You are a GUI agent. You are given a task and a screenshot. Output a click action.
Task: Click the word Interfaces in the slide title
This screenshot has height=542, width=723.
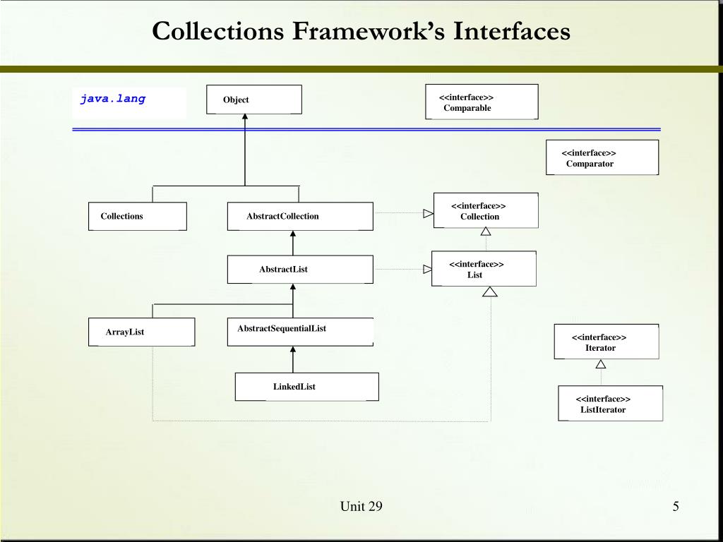[511, 31]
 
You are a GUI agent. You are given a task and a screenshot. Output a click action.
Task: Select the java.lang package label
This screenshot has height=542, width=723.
[113, 99]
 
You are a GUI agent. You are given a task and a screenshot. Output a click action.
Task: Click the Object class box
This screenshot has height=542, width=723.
[254, 100]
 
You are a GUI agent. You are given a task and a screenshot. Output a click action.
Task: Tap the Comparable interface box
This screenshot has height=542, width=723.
[482, 102]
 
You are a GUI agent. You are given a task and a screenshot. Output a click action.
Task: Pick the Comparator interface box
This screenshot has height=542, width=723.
[602, 157]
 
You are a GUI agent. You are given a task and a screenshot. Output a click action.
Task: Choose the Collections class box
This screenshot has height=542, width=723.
[138, 216]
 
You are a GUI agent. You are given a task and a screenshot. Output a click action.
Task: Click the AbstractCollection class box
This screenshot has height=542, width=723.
[300, 216]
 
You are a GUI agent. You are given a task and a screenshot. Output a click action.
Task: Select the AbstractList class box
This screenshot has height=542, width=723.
[300, 269]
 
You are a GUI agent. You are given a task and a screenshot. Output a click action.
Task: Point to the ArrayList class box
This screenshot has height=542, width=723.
[141, 332]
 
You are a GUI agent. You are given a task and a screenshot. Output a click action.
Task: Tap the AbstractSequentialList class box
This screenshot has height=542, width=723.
[300, 332]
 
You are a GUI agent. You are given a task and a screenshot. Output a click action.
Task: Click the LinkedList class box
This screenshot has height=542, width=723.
[306, 387]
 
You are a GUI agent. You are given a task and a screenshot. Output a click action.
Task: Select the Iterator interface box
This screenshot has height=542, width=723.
[607, 342]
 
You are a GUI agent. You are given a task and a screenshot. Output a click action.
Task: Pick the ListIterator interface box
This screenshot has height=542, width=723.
[611, 404]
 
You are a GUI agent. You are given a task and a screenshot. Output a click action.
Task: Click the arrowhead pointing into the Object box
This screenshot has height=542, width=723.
[245, 118]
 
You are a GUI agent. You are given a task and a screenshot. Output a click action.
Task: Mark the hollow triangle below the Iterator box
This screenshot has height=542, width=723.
[601, 364]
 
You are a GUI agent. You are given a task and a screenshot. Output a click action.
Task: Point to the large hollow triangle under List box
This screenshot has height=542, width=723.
[490, 291]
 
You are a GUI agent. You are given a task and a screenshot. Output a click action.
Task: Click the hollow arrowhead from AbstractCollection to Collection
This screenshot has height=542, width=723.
[428, 213]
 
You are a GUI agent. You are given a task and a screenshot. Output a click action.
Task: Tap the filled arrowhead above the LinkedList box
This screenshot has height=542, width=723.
[293, 350]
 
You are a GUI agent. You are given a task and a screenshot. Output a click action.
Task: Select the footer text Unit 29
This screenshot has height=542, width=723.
[361, 506]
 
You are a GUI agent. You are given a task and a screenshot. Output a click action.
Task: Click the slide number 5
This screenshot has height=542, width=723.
[676, 506]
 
